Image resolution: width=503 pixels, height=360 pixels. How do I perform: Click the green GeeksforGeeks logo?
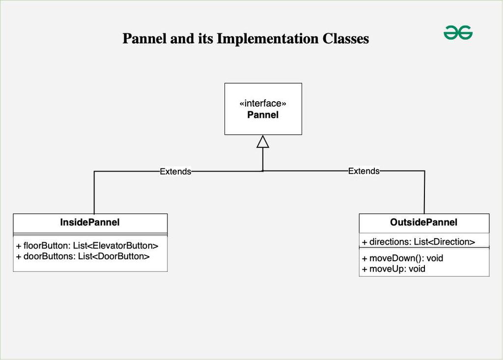point(458,33)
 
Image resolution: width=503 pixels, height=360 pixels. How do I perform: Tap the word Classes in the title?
point(345,38)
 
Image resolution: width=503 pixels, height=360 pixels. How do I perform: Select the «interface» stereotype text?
point(263,104)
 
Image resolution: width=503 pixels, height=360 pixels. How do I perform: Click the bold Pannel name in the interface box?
point(263,115)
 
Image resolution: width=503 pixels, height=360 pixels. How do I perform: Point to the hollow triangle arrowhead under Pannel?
point(263,141)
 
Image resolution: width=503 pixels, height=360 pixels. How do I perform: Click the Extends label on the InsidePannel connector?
point(175,171)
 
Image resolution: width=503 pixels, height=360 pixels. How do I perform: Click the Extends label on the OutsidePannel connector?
point(364,171)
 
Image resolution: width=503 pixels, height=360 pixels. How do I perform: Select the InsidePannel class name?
point(90,222)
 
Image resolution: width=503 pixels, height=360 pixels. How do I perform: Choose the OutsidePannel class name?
point(423,222)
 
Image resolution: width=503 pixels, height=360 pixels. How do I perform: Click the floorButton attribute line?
point(87,246)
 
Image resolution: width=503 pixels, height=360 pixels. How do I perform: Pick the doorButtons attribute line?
point(83,256)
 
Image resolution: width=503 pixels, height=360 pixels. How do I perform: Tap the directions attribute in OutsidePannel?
point(419,242)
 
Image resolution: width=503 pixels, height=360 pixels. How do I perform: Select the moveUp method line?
point(393,269)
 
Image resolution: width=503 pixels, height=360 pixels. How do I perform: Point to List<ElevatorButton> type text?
point(115,246)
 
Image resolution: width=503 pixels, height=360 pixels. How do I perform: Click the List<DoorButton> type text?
point(113,256)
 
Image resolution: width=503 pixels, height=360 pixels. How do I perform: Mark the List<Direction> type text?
point(445,242)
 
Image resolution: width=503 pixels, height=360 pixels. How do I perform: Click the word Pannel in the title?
point(144,38)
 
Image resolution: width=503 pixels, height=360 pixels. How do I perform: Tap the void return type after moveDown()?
point(435,258)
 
